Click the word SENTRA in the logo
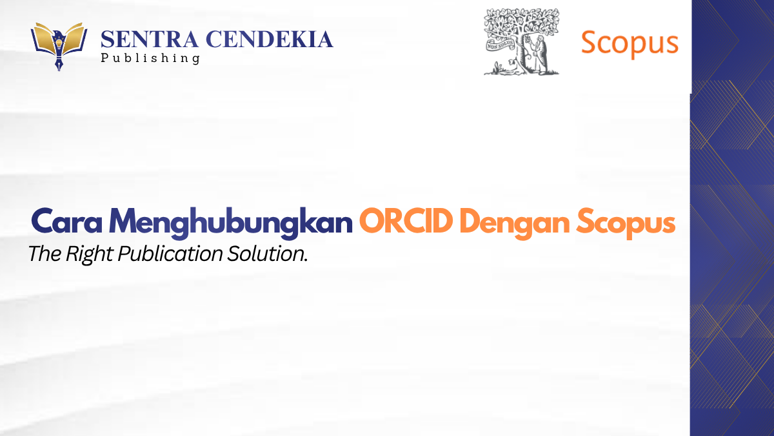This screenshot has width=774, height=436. [149, 39]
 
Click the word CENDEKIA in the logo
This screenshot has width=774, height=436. [270, 39]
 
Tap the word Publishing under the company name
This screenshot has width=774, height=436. [150, 58]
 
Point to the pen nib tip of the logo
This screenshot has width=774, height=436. [59, 70]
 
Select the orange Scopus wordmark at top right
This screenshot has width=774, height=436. [630, 44]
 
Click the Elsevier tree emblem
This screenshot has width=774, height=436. [521, 41]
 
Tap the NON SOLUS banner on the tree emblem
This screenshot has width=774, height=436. [501, 45]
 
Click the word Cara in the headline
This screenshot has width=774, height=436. [66, 222]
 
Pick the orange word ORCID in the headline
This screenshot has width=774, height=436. [406, 221]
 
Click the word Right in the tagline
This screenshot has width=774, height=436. [89, 254]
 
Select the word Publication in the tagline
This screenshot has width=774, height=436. [170, 254]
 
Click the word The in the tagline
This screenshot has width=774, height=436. [45, 254]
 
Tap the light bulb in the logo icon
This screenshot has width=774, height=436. [59, 43]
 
